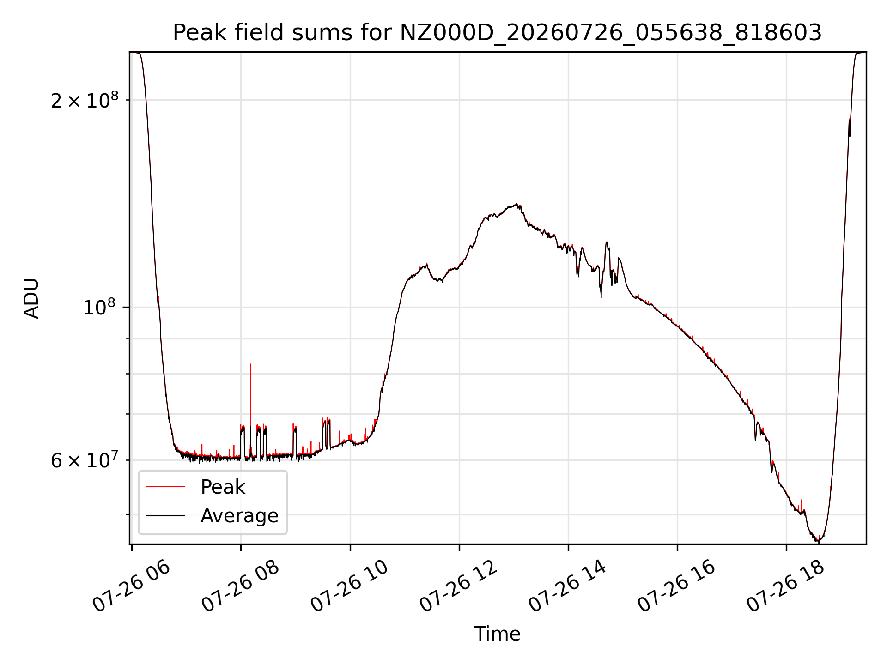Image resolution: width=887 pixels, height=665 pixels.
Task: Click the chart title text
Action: pyautogui.click(x=497, y=33)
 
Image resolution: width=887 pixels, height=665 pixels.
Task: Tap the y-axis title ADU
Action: pyautogui.click(x=31, y=298)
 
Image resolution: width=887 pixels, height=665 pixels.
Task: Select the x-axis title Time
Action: pyautogui.click(x=497, y=634)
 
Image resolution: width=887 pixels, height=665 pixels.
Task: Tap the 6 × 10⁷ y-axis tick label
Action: pyautogui.click(x=85, y=460)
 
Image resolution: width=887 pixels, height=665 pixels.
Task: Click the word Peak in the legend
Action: pyautogui.click(x=223, y=487)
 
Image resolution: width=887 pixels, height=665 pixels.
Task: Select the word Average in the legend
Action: pyautogui.click(x=239, y=515)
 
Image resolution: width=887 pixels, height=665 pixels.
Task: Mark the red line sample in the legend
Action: pyautogui.click(x=165, y=487)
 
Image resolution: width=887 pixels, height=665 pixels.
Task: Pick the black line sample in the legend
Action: pyautogui.click(x=165, y=516)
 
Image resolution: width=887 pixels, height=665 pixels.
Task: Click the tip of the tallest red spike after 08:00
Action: pyautogui.click(x=250, y=364)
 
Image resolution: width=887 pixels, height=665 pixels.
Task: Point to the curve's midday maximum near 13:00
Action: pyautogui.click(x=516, y=204)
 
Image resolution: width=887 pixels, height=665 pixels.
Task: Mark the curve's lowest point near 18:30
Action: pyautogui.click(x=819, y=541)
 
